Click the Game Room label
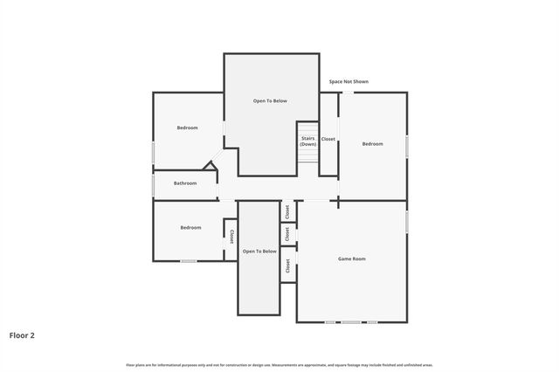tap(351, 258)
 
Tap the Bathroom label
tap(184, 183)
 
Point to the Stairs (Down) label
tap(307, 141)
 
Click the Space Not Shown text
tap(349, 81)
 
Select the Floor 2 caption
tap(22, 334)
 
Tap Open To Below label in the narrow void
tap(259, 251)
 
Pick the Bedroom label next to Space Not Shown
tap(373, 143)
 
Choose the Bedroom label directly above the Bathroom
tap(187, 127)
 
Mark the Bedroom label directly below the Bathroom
tap(190, 228)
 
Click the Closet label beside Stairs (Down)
tap(328, 139)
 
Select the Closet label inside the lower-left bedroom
tap(231, 236)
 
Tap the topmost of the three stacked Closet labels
tap(286, 211)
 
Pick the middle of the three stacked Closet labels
tap(286, 234)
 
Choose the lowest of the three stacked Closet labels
tap(286, 266)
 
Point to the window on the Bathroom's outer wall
tap(154, 184)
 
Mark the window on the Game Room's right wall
tap(407, 222)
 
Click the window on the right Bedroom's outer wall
tap(407, 145)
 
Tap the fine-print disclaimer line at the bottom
tap(279, 365)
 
